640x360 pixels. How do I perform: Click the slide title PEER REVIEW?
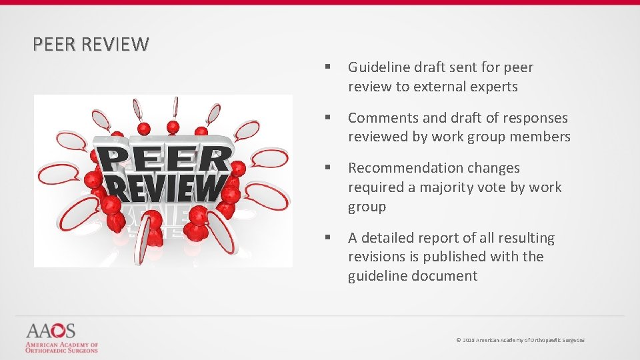91,45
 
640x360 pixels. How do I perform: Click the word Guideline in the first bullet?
378,67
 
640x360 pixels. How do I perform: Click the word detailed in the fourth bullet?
389,238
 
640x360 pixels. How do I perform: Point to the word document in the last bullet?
445,276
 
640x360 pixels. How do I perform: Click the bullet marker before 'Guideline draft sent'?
328,67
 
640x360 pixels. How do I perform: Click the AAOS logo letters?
51,331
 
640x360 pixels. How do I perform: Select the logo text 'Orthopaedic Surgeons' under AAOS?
61,350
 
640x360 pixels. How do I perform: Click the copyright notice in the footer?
520,340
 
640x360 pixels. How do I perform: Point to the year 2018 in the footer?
469,340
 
